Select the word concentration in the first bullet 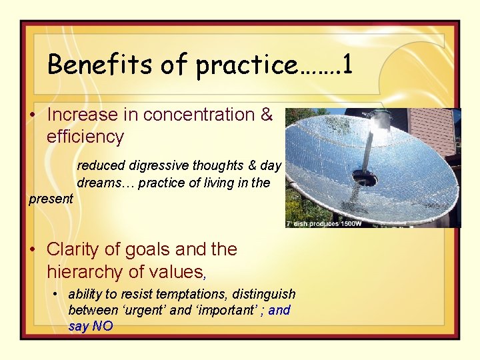(199, 115)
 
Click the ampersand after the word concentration (267, 115)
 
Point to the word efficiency (85, 137)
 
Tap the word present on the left (51, 199)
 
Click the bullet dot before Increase (32, 115)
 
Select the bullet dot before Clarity (32, 250)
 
